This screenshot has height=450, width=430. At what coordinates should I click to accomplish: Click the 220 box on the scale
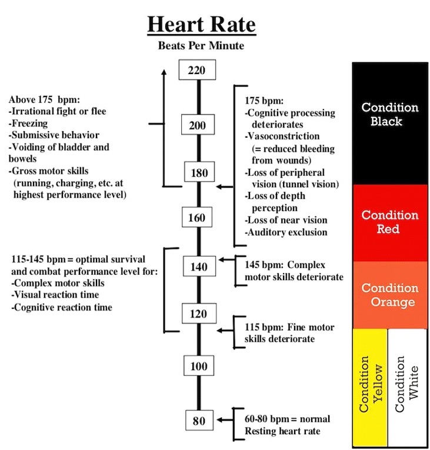tap(198, 71)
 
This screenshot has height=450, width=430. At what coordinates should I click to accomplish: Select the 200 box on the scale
tap(198, 125)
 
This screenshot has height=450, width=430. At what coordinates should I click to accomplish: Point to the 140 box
tap(198, 266)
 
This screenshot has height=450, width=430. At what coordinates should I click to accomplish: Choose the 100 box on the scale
tap(198, 366)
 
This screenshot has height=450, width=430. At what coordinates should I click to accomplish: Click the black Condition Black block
tap(389, 122)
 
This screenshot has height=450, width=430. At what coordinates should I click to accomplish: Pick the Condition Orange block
tap(389, 295)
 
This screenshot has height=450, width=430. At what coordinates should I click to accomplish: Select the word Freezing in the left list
tap(28, 123)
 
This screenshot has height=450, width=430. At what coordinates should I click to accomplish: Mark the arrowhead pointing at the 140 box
tap(221, 259)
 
